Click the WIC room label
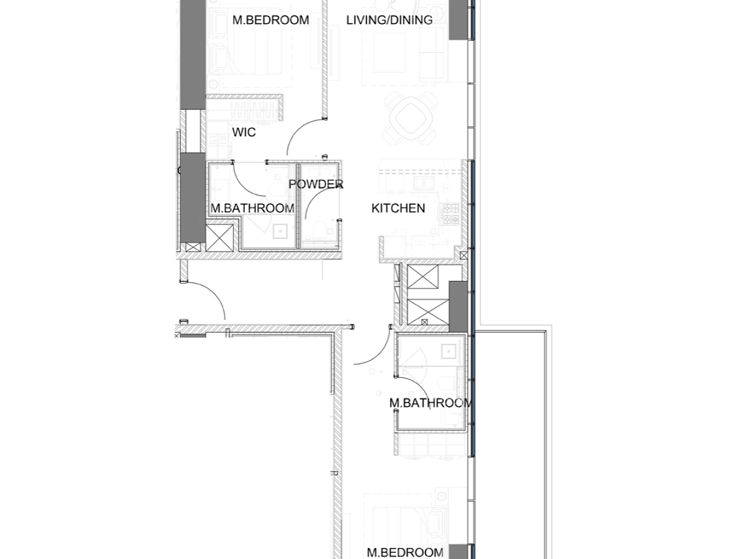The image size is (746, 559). pos(244,132)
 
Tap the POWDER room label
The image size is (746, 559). pos(316,184)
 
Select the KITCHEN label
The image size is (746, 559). pos(398,208)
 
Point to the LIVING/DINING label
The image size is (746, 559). pos(389,20)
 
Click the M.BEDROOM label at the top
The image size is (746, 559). pos(270,20)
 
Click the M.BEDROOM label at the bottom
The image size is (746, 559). pos(405,552)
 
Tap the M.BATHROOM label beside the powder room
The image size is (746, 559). pos(252,208)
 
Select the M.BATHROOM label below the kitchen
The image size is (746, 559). pos(431,403)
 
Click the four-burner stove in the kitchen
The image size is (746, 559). pos(450,214)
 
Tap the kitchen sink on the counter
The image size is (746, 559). pos(424,183)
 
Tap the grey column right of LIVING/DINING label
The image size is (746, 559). pos(458,20)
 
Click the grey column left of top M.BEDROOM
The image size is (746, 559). pos(193,54)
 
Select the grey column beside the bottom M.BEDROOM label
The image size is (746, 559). pos(458,551)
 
